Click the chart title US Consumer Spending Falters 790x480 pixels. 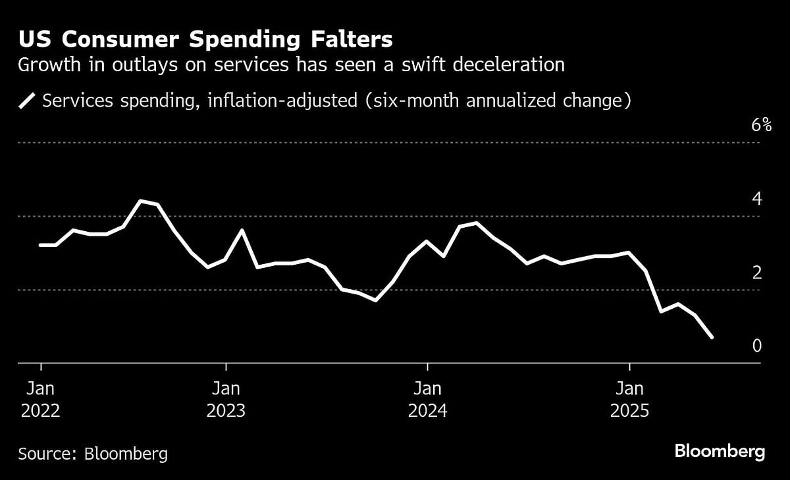point(205,40)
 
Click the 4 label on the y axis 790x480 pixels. point(756,199)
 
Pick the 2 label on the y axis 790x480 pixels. point(756,273)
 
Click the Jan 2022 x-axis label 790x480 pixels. point(41,399)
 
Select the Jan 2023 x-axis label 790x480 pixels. point(226,399)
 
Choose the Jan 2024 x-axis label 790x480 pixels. point(427,399)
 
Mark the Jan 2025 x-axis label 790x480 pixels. point(629,399)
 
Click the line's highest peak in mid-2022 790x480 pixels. point(140,201)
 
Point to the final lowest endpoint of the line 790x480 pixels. point(712,337)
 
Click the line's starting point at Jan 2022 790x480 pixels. point(41,245)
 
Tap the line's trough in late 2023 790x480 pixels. point(375,300)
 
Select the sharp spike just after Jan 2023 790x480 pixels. point(242,230)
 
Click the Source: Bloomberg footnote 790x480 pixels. point(93,453)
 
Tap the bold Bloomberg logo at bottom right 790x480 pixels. point(720,452)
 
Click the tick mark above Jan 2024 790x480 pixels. point(427,367)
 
